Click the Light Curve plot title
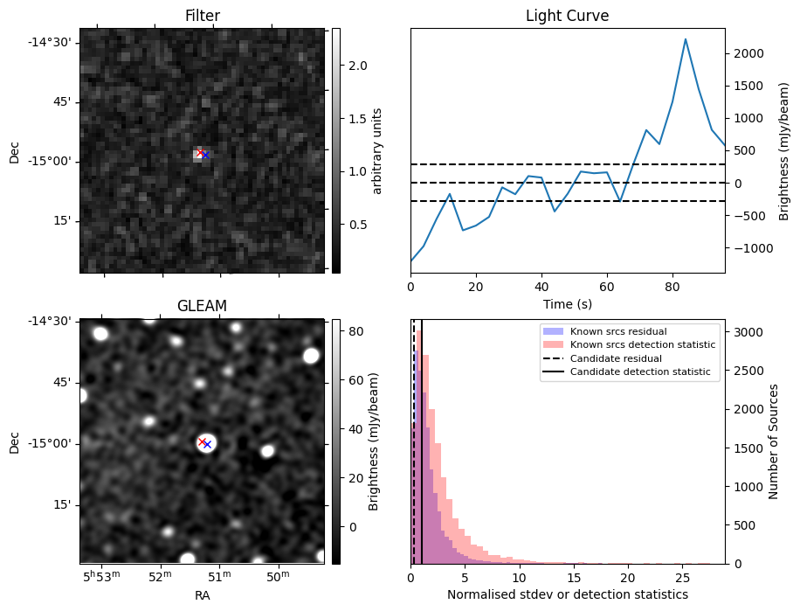click(567, 17)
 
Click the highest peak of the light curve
click(686, 39)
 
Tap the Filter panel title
click(202, 17)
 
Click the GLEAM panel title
click(202, 306)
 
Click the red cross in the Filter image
click(200, 153)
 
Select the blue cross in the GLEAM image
click(207, 445)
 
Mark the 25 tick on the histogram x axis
click(683, 578)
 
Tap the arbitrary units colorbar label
click(377, 150)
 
